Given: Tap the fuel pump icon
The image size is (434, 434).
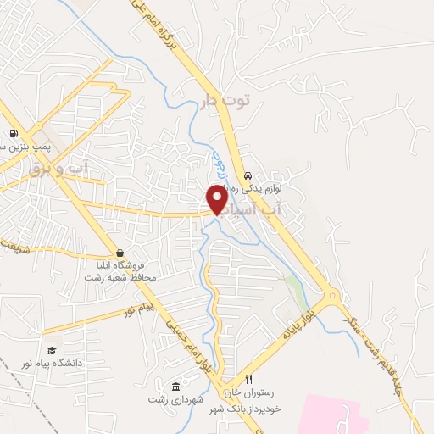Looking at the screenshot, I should coord(14,133).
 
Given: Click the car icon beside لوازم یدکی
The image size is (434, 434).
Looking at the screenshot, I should coord(247,176).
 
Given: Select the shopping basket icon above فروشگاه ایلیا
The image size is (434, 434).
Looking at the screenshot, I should coord(120,253).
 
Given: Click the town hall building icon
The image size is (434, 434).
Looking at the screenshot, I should coord(175,386).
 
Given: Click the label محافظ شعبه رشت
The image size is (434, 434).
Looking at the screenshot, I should coord(120,277).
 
